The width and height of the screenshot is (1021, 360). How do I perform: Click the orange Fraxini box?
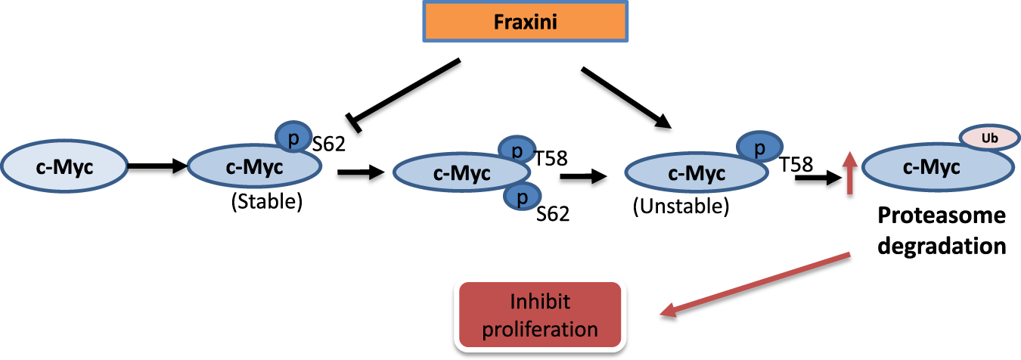[524, 22]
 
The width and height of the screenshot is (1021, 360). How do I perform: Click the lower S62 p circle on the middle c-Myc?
[520, 197]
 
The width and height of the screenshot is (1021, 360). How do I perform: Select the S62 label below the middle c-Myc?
[552, 215]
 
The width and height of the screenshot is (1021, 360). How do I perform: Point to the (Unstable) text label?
[681, 207]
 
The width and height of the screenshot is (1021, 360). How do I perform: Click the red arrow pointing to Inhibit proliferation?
[756, 285]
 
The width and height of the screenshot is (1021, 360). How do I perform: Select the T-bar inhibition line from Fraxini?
[405, 91]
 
